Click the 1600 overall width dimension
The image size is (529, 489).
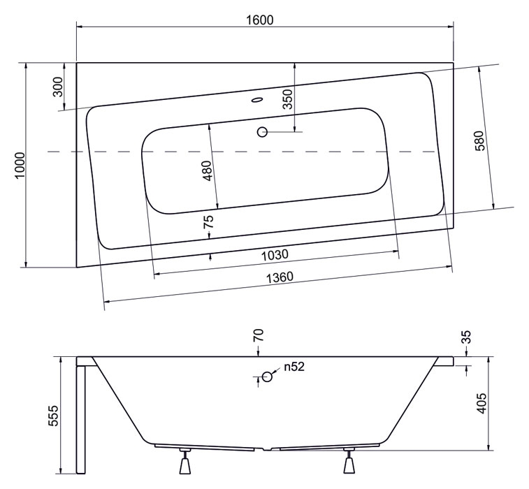coord(259,20)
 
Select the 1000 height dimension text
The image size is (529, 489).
coord(20,166)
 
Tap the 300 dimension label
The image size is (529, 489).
coord(58,87)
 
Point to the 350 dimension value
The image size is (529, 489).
coord(287,99)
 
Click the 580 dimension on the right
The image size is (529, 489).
coord(480,140)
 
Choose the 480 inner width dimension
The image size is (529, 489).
coord(207,170)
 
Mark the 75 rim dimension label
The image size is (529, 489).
coord(209,221)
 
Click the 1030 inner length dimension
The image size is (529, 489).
coord(275,255)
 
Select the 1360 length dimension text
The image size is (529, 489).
coord(280,278)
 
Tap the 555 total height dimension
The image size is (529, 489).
coord(53,416)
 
